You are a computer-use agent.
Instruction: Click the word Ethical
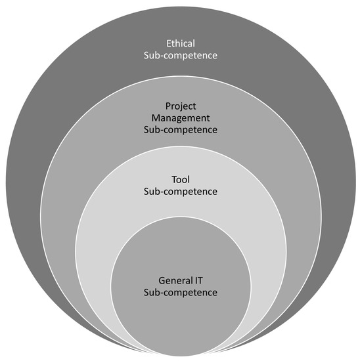[180, 42]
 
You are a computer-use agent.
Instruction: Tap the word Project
[180, 105]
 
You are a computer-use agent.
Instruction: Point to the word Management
[180, 117]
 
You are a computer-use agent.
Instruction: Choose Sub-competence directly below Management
[180, 130]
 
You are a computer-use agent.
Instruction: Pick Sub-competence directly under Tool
[180, 192]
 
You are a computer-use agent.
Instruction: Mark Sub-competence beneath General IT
[180, 291]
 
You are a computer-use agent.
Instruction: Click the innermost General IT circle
[180, 315]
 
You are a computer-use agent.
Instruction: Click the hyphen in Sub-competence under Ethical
[161, 56]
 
